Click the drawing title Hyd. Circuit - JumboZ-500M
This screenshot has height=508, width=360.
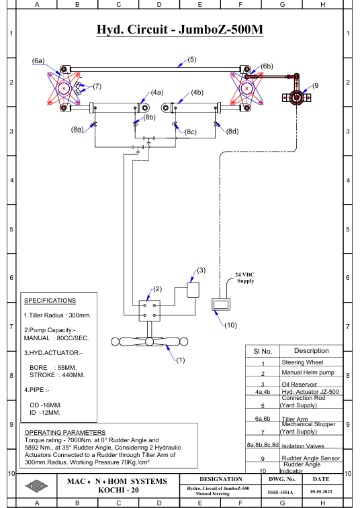pos(180,30)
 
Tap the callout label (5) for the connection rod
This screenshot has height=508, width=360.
pos(192,60)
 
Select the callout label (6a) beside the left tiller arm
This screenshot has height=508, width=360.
pos(38,61)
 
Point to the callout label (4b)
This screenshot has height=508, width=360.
pos(197,93)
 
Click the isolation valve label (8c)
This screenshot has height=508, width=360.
pos(191,132)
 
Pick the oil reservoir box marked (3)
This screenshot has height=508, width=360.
pos(193,290)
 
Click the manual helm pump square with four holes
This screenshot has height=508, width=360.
pos(150,311)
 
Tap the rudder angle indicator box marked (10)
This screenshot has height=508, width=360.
pos(221,304)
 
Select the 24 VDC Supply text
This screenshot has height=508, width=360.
pos(245,278)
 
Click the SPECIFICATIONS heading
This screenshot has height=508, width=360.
pos(50,301)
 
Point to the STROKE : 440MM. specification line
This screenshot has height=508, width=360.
pos(57,375)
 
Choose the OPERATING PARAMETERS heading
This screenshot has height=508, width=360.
pos(65,433)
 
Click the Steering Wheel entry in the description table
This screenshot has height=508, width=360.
pos(303,362)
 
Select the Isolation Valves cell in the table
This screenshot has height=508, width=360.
pos(303,446)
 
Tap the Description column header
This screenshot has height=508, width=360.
pos(312,351)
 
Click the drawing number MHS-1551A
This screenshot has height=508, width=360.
pos(280,492)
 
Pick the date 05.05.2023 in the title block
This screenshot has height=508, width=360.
pos(321,491)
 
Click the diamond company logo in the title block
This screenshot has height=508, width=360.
pos(37,486)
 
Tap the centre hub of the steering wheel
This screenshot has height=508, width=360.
pos(150,342)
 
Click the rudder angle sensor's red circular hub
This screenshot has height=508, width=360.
pos(296,97)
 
